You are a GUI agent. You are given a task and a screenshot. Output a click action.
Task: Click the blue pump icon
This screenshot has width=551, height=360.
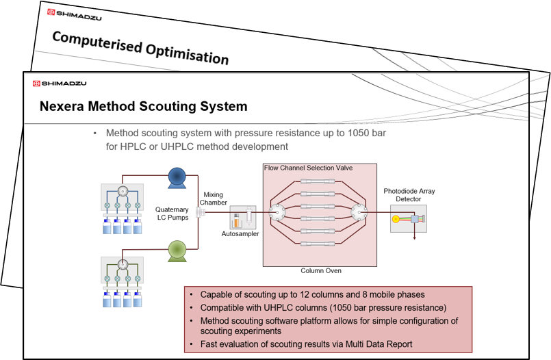point(177,178)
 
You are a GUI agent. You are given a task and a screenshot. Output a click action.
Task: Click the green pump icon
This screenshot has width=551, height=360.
point(177,251)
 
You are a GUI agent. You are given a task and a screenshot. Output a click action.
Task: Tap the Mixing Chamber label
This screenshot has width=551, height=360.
point(214,198)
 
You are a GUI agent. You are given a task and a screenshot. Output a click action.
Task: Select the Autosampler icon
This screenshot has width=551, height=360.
point(243,218)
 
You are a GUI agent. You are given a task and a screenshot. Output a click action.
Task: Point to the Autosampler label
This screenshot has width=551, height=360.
point(240,234)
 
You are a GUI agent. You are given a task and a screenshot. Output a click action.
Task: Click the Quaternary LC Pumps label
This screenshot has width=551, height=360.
point(172,214)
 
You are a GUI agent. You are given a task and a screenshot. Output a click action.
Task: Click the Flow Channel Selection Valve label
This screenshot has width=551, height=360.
point(308,168)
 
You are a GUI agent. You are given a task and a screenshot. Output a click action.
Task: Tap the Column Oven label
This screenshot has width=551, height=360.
point(321,271)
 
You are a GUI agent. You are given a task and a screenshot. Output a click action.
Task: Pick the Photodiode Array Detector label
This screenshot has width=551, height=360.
point(409,195)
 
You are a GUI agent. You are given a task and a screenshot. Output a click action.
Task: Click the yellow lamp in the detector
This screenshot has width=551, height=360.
point(396,219)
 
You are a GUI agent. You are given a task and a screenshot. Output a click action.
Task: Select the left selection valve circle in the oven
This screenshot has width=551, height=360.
point(277,212)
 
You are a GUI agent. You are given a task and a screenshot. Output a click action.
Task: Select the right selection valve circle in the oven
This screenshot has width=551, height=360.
point(359,212)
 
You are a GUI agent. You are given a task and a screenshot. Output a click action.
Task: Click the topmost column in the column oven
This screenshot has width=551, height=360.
point(318,181)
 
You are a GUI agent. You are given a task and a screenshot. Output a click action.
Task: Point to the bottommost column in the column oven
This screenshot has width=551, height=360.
point(318,244)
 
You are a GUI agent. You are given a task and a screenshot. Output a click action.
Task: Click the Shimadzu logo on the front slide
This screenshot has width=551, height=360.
point(60,83)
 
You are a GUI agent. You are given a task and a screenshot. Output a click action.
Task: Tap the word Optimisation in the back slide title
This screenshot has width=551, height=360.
point(187,54)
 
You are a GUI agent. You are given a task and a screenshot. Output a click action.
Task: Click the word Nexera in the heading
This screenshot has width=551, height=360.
point(62,106)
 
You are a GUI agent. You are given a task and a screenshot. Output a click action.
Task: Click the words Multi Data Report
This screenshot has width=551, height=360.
point(379,344)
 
